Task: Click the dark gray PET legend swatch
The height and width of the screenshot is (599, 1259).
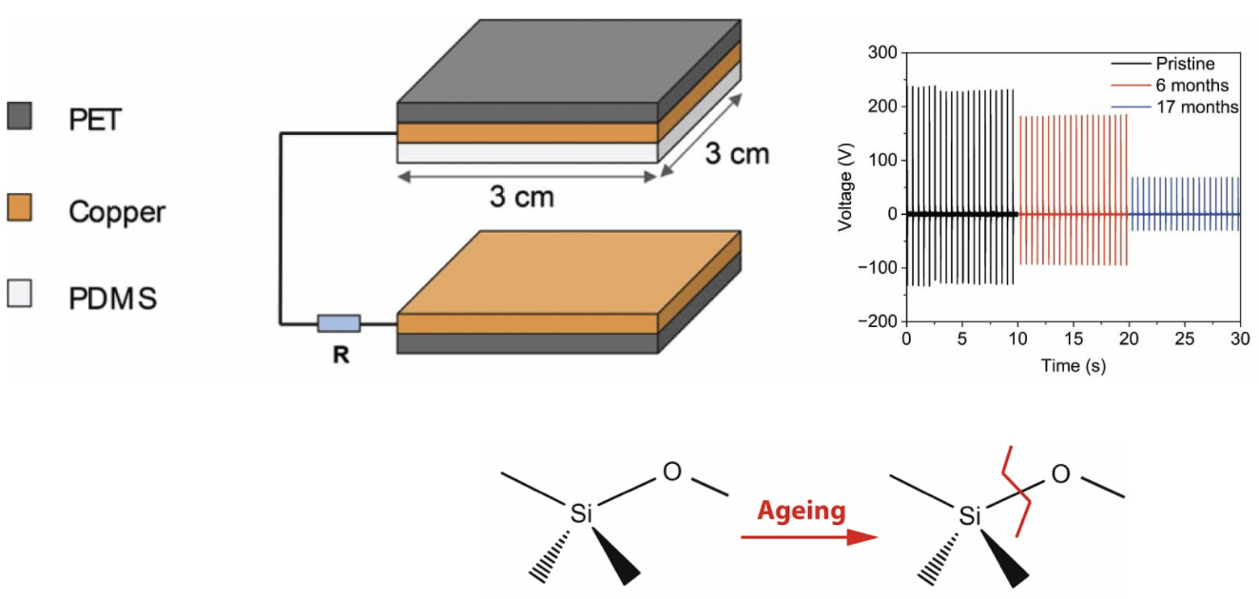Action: pyautogui.click(x=19, y=116)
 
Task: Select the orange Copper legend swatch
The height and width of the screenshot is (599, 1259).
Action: pyautogui.click(x=19, y=207)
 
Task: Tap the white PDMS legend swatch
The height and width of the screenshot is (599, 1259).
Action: pyautogui.click(x=19, y=293)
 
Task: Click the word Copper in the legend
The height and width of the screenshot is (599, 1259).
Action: pyautogui.click(x=117, y=212)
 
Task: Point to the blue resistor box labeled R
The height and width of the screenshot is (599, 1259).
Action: pyautogui.click(x=339, y=323)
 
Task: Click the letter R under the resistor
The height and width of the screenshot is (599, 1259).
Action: pyautogui.click(x=341, y=355)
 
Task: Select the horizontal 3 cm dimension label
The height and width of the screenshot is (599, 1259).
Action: pyautogui.click(x=522, y=197)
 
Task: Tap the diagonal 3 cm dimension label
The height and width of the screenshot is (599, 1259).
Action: pyautogui.click(x=737, y=153)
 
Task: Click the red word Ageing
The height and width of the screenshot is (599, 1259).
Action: pyautogui.click(x=801, y=511)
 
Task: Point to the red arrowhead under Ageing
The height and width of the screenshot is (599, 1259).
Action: pyautogui.click(x=862, y=536)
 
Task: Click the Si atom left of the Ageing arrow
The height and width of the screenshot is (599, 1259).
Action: pyautogui.click(x=581, y=513)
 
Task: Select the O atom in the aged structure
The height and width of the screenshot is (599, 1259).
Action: pyautogui.click(x=1060, y=474)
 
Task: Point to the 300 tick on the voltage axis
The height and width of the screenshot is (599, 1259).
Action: pyautogui.click(x=882, y=52)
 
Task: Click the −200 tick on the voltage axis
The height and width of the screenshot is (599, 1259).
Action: pyautogui.click(x=878, y=321)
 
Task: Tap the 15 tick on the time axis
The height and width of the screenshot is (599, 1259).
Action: pyautogui.click(x=1074, y=338)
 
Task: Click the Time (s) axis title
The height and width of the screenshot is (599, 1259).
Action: pyautogui.click(x=1074, y=366)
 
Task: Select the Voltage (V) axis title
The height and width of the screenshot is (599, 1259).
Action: pyautogui.click(x=844, y=187)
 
